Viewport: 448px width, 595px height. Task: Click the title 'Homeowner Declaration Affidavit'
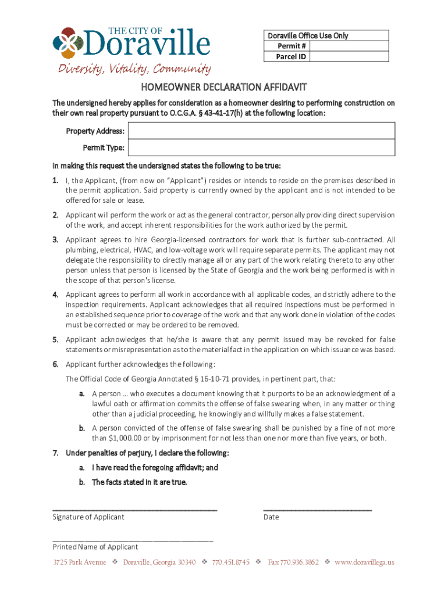pos(223,87)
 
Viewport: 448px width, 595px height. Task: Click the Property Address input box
pos(261,131)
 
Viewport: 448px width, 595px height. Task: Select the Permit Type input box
pos(261,148)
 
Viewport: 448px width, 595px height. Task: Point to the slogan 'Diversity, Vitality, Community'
pos(133,70)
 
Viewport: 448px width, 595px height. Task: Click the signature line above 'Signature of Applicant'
pos(134,510)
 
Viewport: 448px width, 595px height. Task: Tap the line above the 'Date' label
pos(317,510)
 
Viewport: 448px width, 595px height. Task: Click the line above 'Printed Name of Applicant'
pos(133,540)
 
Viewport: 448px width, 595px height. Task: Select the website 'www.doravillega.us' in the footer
pos(364,562)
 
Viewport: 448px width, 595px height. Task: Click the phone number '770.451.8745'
pos(231,562)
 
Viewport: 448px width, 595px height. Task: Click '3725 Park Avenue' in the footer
pos(80,562)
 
